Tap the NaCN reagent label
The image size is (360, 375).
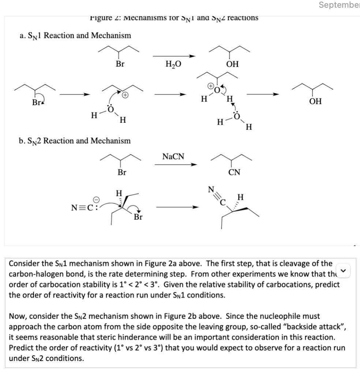tap(173, 157)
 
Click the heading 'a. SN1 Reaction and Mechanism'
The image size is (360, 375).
tap(75, 36)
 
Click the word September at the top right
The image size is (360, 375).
tap(339, 5)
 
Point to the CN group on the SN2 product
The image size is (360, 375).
tap(234, 172)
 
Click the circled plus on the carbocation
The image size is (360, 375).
tap(125, 95)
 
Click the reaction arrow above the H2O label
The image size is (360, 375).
tap(174, 56)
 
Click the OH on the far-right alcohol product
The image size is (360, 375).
tap(315, 102)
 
